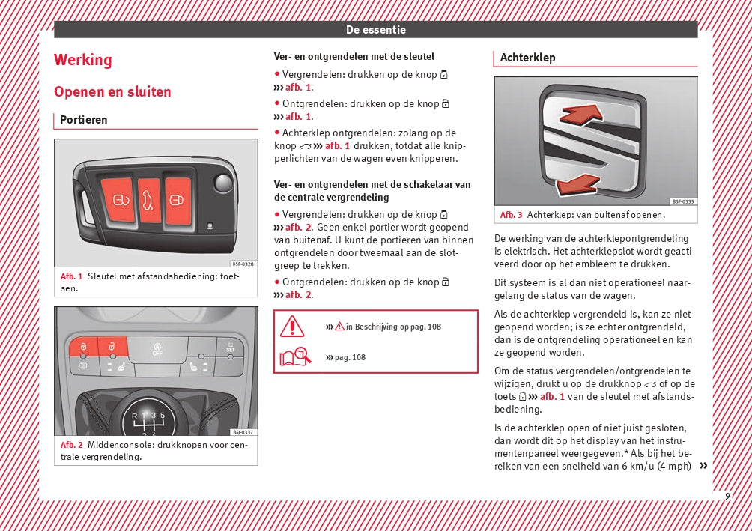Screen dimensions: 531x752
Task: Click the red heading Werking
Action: point(83,60)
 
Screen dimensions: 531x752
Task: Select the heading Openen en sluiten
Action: point(112,92)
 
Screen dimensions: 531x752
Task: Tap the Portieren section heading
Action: point(84,120)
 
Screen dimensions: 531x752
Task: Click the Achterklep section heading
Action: point(527,58)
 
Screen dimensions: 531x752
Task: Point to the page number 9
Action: point(727,496)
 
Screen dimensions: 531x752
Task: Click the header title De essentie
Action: point(376,30)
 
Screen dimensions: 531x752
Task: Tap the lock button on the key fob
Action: point(119,201)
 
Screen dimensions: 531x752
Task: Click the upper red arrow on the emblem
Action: point(580,114)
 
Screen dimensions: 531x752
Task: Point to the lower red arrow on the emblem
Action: point(577,183)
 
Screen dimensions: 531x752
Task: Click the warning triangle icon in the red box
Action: point(292,327)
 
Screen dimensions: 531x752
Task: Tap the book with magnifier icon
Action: point(295,357)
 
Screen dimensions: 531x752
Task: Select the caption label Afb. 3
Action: point(511,216)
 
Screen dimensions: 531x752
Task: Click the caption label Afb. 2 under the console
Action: point(71,445)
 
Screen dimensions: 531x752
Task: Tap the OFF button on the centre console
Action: point(157,349)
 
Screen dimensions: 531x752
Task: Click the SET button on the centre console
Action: point(229,347)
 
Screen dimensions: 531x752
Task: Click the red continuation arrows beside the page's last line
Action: point(703,466)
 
